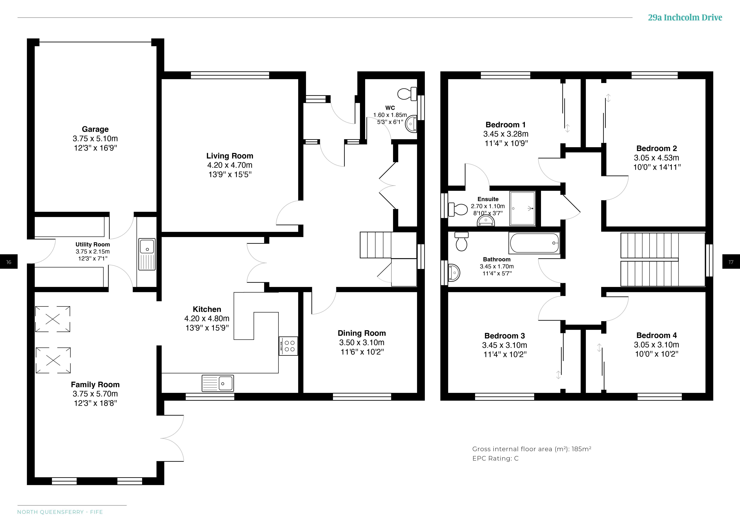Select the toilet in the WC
[407, 94]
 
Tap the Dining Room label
[362, 333]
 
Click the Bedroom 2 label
[656, 148]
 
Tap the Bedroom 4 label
[656, 335]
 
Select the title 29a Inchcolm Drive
[685, 17]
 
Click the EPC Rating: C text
[495, 458]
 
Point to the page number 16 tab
[9, 262]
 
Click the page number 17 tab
[731, 262]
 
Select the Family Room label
[95, 384]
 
